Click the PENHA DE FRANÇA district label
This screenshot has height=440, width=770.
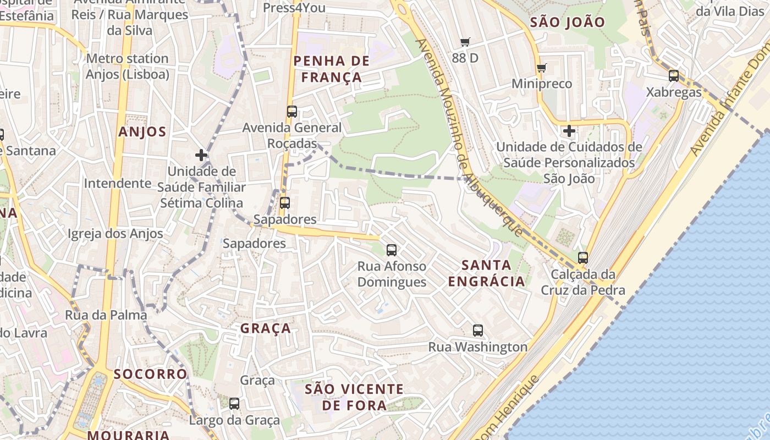[331, 69]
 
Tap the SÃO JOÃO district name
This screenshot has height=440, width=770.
[567, 23]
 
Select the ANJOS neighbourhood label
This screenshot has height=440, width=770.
[142, 132]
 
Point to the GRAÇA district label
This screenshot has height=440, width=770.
[266, 328]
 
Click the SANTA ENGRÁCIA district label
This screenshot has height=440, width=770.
[486, 273]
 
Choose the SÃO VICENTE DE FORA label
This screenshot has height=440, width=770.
[354, 397]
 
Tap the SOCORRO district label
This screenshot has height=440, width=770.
[150, 374]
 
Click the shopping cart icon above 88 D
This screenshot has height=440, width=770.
[465, 42]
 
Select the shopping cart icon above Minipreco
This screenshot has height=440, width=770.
[542, 68]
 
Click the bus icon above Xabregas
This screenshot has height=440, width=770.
[674, 76]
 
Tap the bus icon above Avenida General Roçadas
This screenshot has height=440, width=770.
[292, 112]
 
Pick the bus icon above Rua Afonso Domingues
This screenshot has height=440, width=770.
[392, 250]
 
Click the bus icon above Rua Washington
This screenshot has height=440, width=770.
[478, 331]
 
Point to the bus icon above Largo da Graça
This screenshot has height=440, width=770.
[234, 404]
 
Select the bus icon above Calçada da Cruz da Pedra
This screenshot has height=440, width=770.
[583, 257]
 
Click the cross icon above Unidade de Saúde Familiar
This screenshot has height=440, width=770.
[201, 155]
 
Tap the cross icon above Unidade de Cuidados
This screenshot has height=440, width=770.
[569, 131]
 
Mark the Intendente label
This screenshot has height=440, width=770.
[117, 183]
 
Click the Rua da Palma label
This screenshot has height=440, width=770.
[106, 315]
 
